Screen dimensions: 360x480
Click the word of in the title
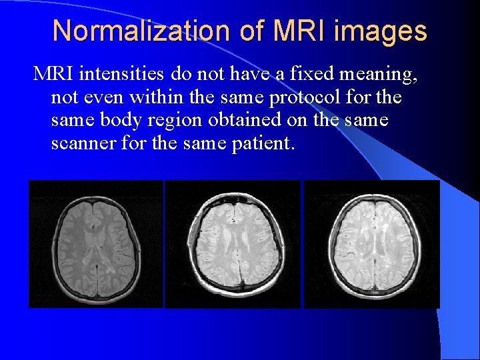pos(248,31)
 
